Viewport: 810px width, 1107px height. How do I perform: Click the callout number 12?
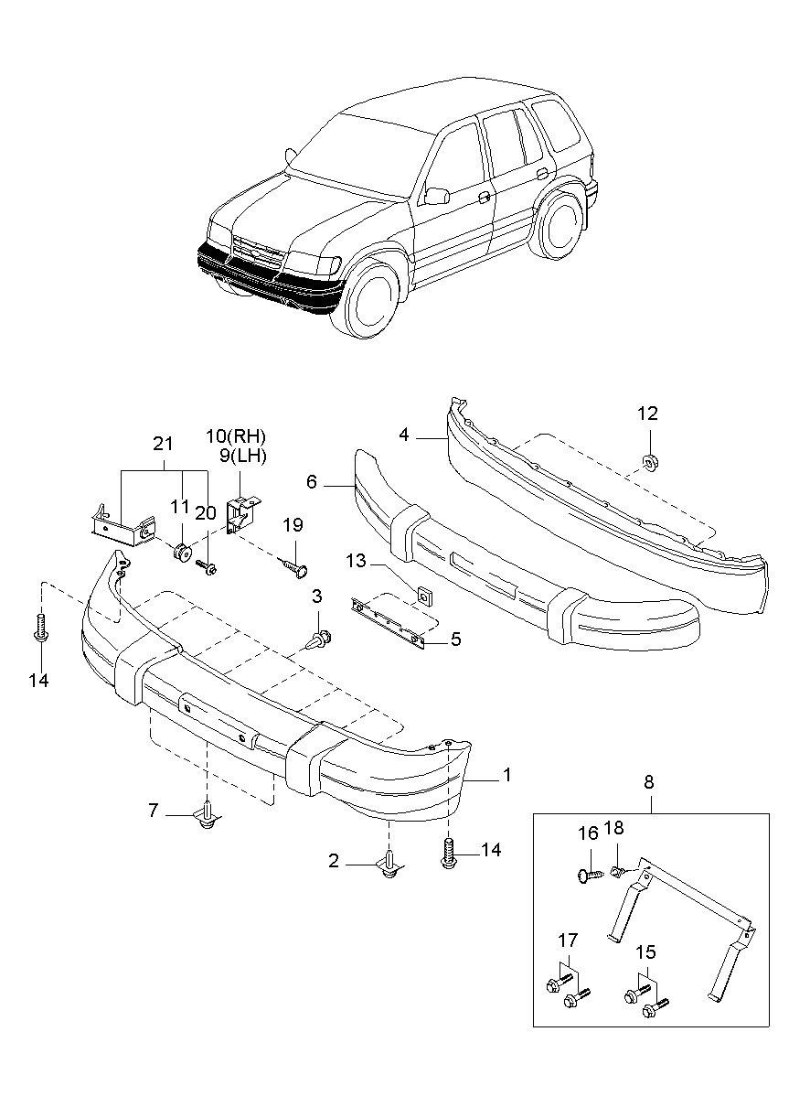(x=647, y=414)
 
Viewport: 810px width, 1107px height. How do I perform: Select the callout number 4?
(x=404, y=435)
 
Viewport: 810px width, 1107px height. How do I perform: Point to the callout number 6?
(x=312, y=481)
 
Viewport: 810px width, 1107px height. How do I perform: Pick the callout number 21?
(x=163, y=445)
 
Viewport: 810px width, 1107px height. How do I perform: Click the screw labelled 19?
(x=296, y=569)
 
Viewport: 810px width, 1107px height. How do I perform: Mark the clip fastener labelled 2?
(x=390, y=866)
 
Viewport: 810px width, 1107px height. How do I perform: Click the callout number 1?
(x=506, y=776)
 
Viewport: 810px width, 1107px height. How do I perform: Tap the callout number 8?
(x=649, y=783)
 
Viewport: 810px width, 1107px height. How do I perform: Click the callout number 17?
(x=568, y=940)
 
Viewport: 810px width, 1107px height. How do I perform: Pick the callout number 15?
(x=646, y=952)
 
